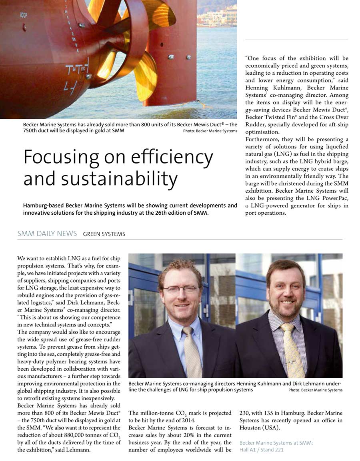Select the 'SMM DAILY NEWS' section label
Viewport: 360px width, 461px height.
(47, 234)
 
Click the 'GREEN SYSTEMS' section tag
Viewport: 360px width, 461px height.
(104, 234)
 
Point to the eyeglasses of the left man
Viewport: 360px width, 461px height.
(180, 288)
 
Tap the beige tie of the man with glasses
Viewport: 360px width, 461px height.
(192, 352)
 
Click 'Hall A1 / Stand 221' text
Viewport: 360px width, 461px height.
(261, 450)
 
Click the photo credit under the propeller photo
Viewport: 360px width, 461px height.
(210, 131)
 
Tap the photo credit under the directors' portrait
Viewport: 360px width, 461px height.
(315, 390)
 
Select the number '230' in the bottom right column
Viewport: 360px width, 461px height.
(244, 413)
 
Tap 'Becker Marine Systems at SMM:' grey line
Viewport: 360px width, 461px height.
(276, 443)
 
